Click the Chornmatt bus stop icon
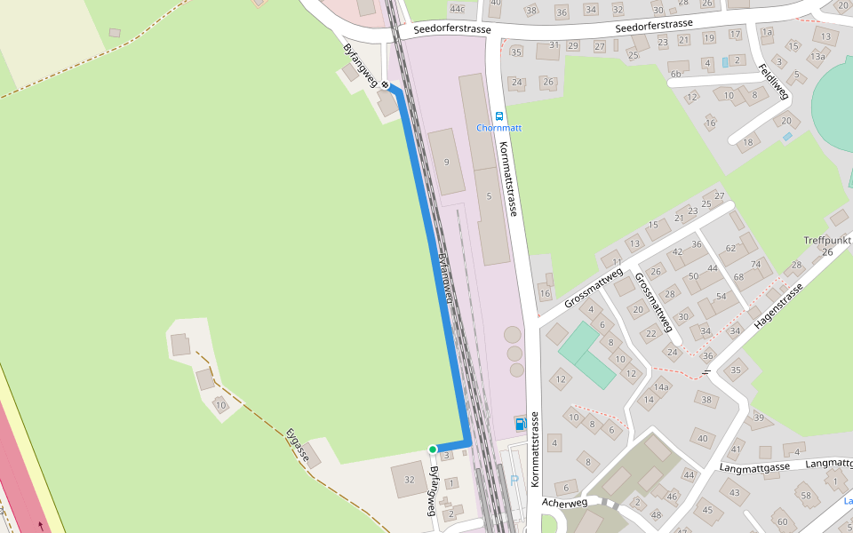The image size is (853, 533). (498, 115)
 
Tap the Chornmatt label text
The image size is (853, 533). (498, 128)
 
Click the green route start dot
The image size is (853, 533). (433, 449)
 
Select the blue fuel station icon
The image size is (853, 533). (520, 423)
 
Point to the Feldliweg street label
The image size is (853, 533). (773, 80)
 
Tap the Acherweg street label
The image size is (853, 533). (564, 503)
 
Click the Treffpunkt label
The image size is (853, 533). (827, 241)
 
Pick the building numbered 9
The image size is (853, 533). (446, 162)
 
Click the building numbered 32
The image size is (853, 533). (409, 480)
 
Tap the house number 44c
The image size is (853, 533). (458, 9)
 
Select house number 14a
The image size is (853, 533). (661, 387)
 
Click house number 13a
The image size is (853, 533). (817, 57)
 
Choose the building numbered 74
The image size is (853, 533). (756, 264)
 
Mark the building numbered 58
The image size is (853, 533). (805, 495)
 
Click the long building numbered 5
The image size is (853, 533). (489, 195)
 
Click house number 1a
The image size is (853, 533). (767, 32)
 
